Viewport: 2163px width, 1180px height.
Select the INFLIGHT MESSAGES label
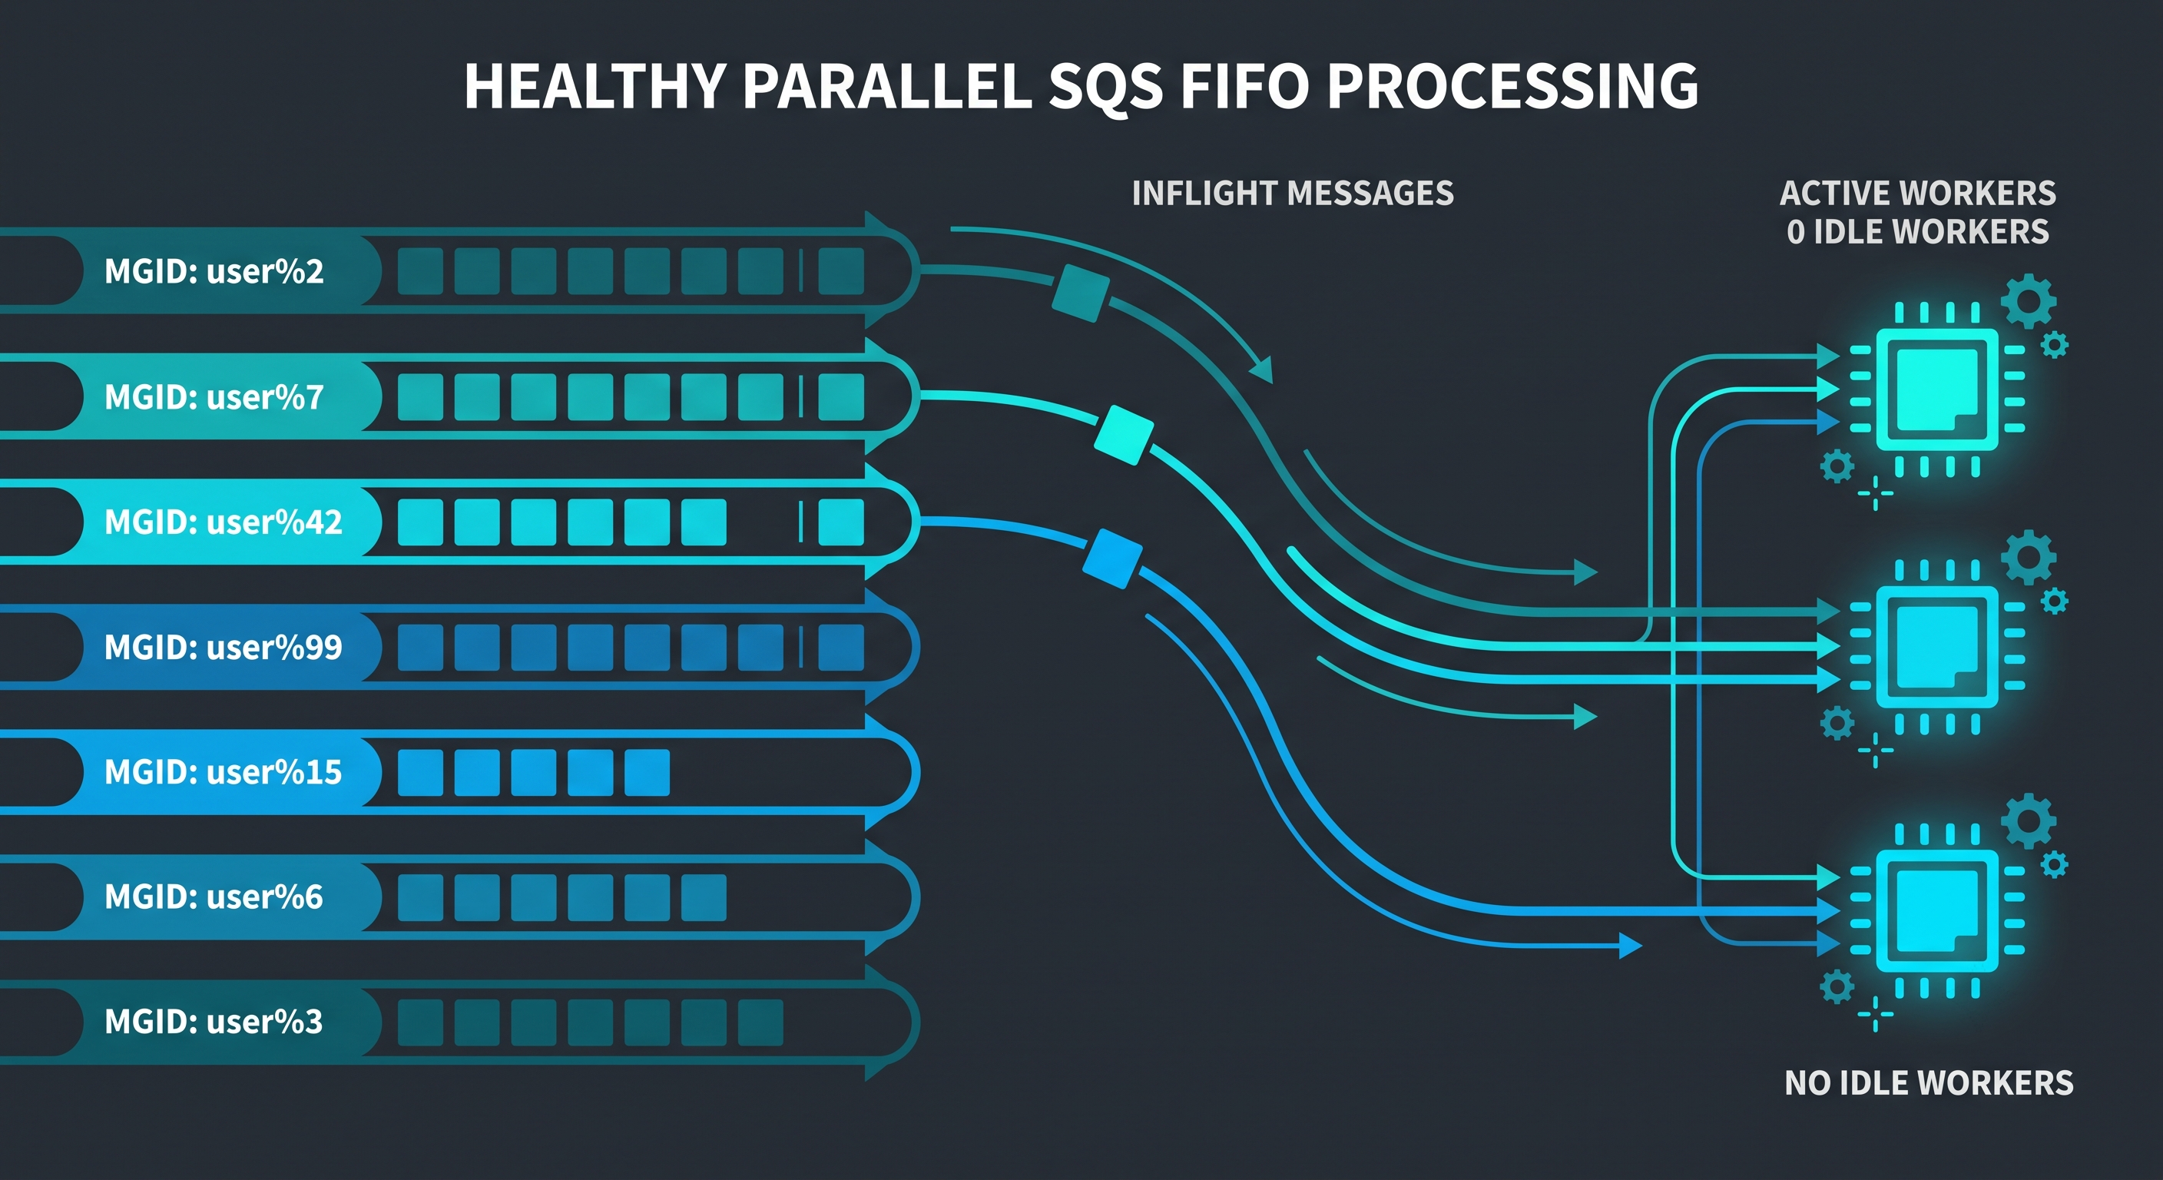[1292, 193]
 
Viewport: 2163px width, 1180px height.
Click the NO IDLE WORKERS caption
[1929, 1082]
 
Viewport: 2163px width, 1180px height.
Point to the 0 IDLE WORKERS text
[1918, 232]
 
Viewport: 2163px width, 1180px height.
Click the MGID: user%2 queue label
[214, 271]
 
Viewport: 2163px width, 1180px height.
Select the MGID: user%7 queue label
[214, 396]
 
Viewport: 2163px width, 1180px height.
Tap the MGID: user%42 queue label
[224, 522]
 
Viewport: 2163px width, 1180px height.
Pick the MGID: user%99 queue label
[224, 647]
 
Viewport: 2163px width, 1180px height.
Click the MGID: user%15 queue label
[224, 772]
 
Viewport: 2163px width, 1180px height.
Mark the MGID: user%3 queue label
[214, 1021]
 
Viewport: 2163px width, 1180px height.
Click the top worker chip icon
[1937, 389]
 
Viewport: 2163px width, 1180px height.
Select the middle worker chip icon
[1937, 647]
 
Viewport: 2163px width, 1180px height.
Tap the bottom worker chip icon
[1937, 910]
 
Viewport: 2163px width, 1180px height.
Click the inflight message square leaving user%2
[1081, 293]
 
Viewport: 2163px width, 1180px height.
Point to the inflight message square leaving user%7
[1125, 435]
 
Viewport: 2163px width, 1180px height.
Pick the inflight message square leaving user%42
[1112, 559]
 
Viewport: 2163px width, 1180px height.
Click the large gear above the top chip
[2029, 300]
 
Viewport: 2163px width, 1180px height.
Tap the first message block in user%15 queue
[420, 773]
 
